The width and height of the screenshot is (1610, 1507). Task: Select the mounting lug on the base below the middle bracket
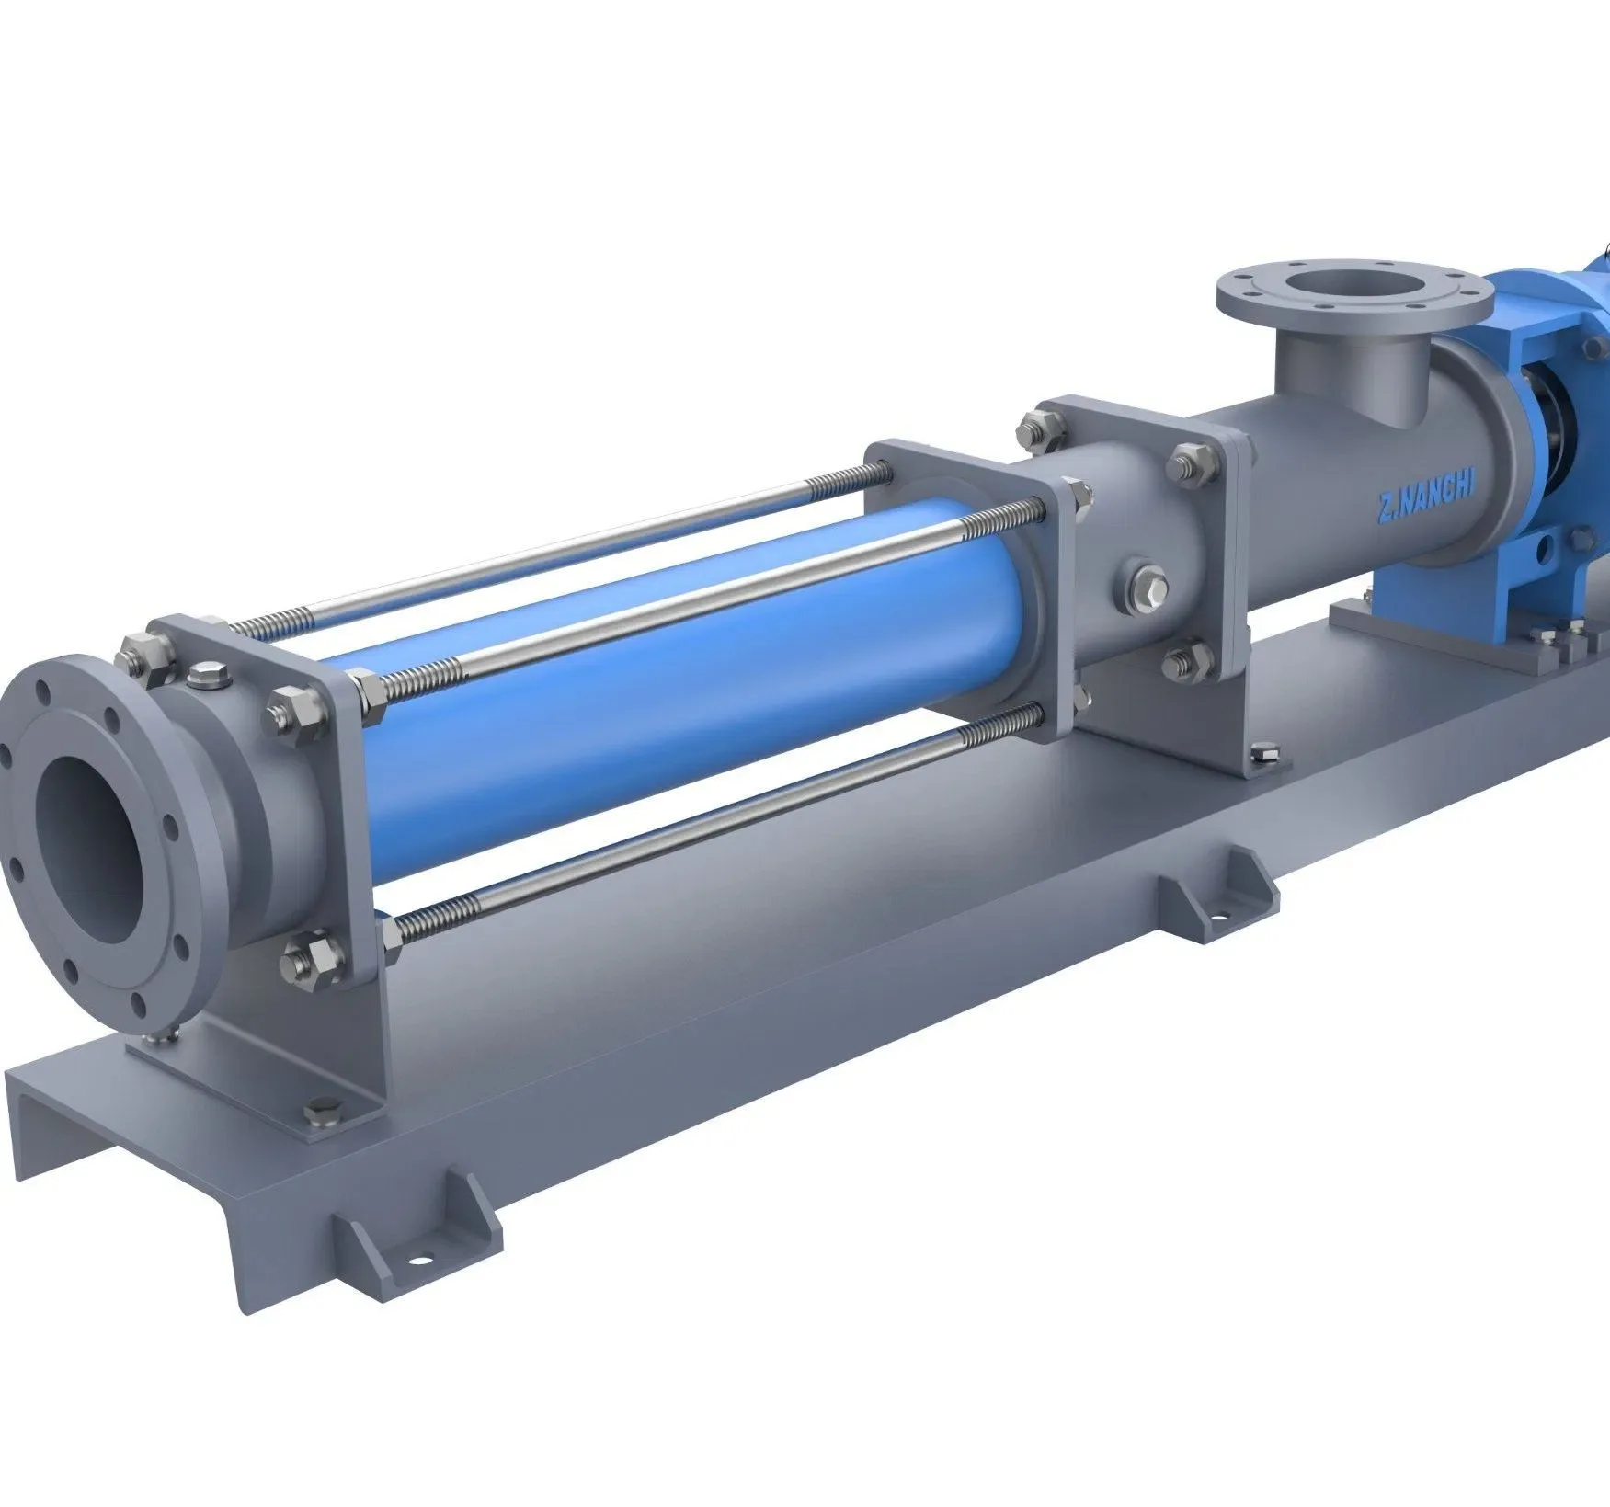1218,886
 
